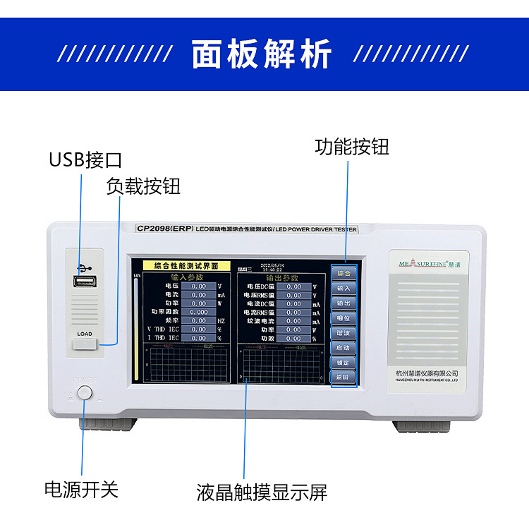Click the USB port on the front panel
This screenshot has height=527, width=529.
(85, 281)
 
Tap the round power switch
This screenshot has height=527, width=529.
(85, 393)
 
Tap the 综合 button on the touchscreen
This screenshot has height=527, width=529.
(343, 272)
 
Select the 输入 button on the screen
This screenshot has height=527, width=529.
(343, 288)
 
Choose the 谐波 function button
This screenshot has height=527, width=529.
(343, 332)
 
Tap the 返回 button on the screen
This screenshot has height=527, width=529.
(343, 377)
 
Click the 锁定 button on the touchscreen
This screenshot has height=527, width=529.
(343, 362)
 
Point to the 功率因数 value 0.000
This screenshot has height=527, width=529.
(198, 312)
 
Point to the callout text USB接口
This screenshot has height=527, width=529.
(85, 159)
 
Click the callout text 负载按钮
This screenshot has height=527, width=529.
(143, 186)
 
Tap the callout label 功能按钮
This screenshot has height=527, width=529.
(351, 147)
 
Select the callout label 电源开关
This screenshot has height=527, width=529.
(81, 489)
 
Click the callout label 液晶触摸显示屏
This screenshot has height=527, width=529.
(262, 492)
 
